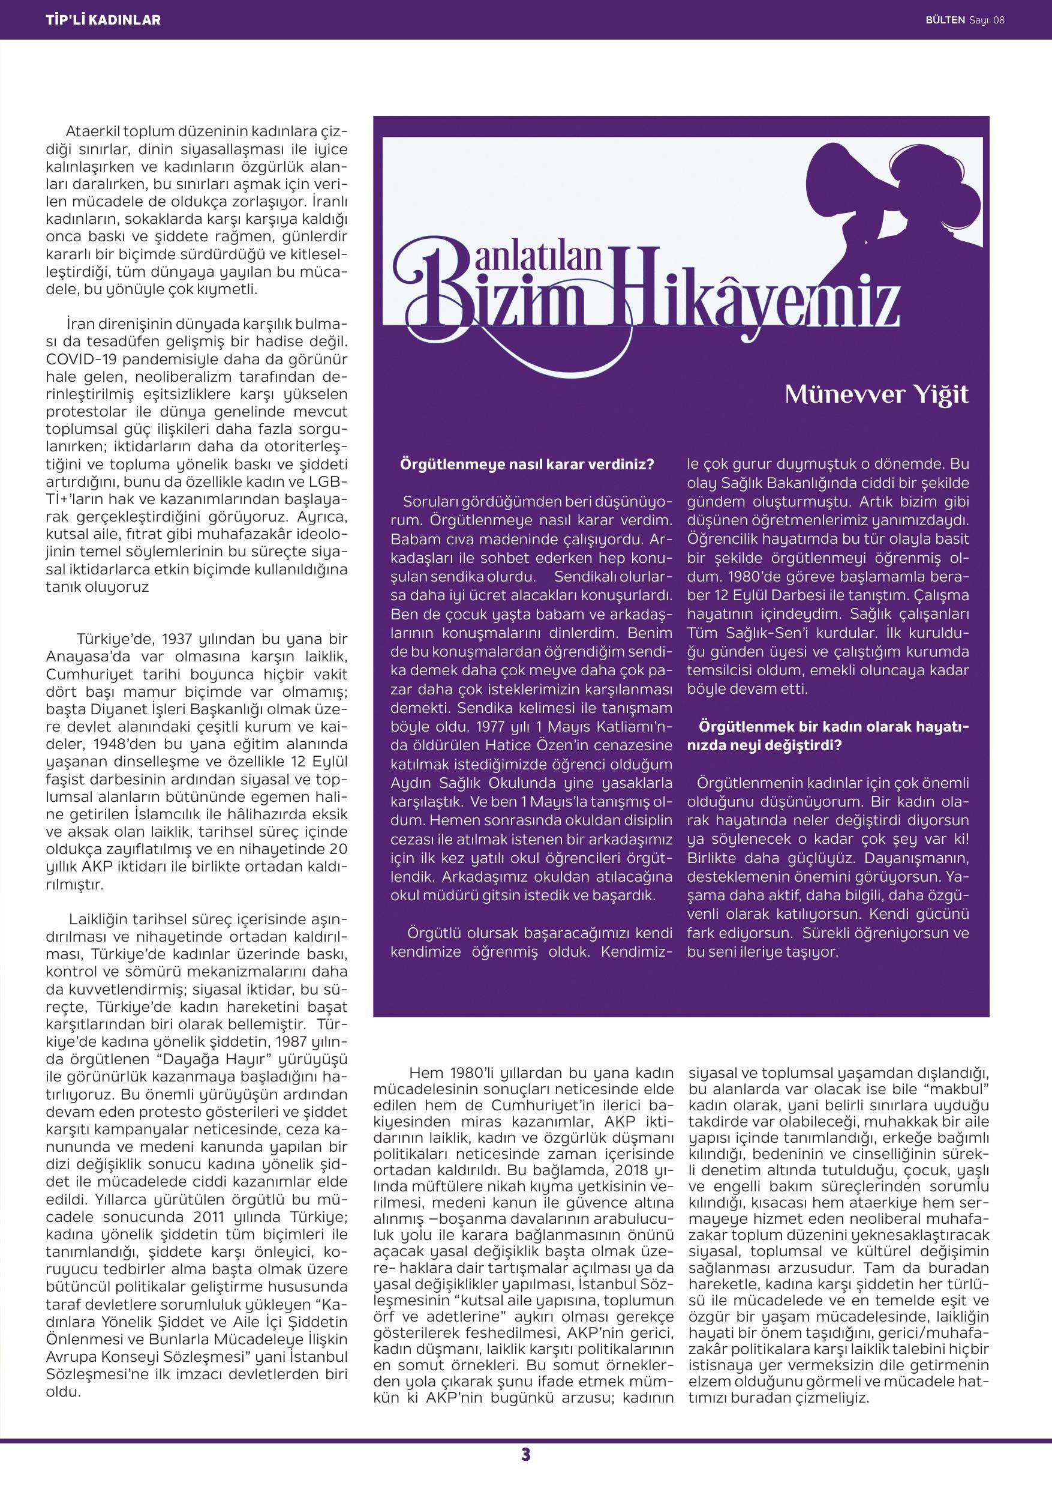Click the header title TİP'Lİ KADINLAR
103,20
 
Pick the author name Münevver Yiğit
876,394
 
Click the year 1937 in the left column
176,639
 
